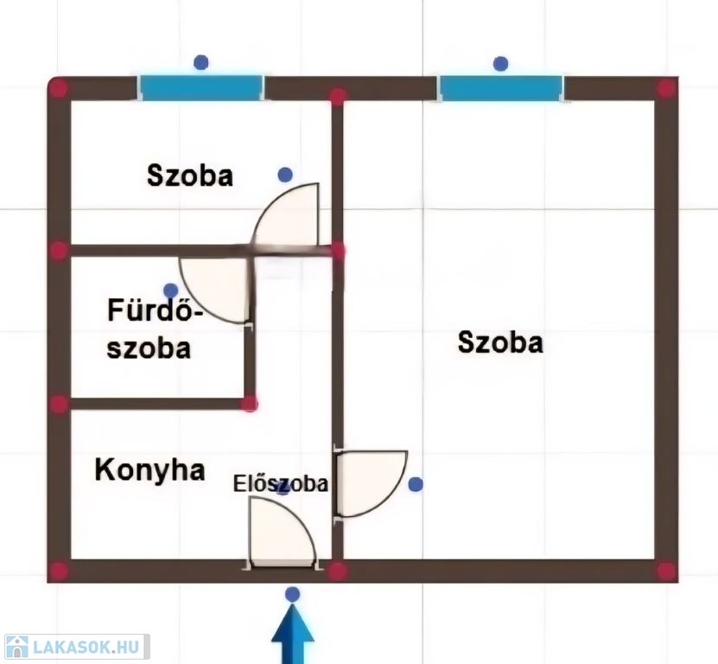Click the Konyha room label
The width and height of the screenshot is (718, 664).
pyautogui.click(x=149, y=470)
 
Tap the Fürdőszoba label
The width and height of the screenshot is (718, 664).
pyautogui.click(x=150, y=329)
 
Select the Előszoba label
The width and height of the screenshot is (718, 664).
pyautogui.click(x=281, y=483)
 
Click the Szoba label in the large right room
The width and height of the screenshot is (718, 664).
pyautogui.click(x=500, y=343)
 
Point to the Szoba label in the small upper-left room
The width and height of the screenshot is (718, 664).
pyautogui.click(x=190, y=176)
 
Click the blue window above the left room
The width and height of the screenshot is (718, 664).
pyautogui.click(x=201, y=87)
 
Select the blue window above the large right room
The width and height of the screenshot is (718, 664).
pyautogui.click(x=500, y=87)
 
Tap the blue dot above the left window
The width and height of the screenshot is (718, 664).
pyautogui.click(x=201, y=62)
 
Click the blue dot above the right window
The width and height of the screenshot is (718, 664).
pyautogui.click(x=500, y=63)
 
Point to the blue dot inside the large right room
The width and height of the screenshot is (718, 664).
pyautogui.click(x=416, y=484)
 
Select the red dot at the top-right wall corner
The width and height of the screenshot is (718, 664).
pyautogui.click(x=665, y=88)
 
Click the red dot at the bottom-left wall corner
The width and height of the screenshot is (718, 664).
pyautogui.click(x=58, y=571)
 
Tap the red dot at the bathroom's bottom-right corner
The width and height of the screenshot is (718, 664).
pyautogui.click(x=250, y=404)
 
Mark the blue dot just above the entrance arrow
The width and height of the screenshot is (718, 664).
pyautogui.click(x=293, y=594)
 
